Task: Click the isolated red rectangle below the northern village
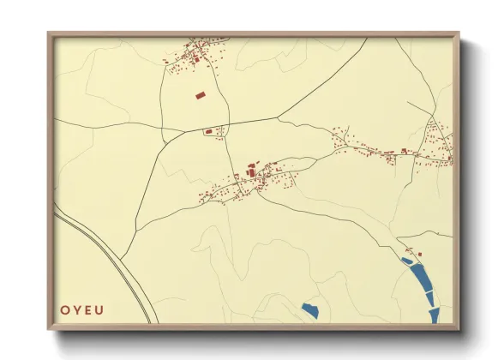[x=201, y=95]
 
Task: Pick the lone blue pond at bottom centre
[x=309, y=309]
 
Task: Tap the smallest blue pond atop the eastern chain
[x=406, y=260]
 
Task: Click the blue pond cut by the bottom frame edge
[x=434, y=315]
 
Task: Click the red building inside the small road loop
[x=208, y=132]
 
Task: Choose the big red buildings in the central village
[x=253, y=172]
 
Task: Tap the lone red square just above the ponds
[x=420, y=253]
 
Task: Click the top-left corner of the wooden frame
[x=50, y=34]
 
